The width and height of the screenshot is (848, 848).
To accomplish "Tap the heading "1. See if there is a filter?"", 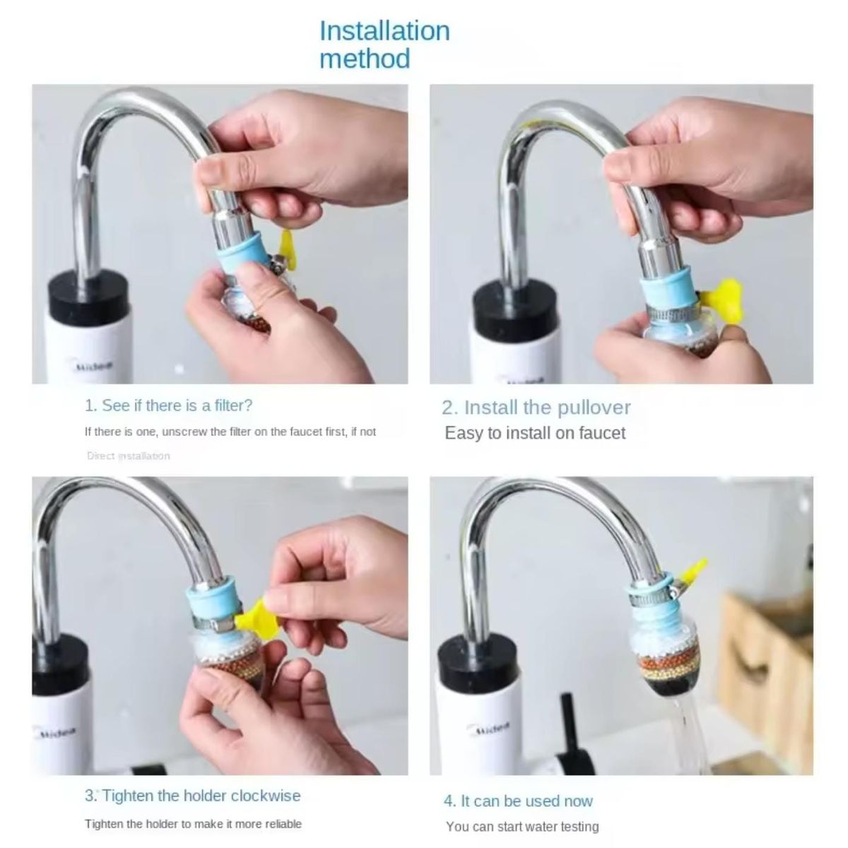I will [168, 406].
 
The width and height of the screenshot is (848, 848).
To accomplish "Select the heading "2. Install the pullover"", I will [536, 408].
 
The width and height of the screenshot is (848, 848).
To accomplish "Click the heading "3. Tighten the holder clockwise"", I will [193, 796].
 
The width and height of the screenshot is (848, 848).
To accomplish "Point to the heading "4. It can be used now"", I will [518, 801].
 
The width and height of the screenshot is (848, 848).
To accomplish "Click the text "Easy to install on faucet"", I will [535, 433].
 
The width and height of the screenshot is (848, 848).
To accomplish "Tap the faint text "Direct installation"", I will [128, 456].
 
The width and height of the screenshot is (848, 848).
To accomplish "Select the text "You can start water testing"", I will [522, 826].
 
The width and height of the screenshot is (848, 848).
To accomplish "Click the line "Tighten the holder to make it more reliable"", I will [193, 824].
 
